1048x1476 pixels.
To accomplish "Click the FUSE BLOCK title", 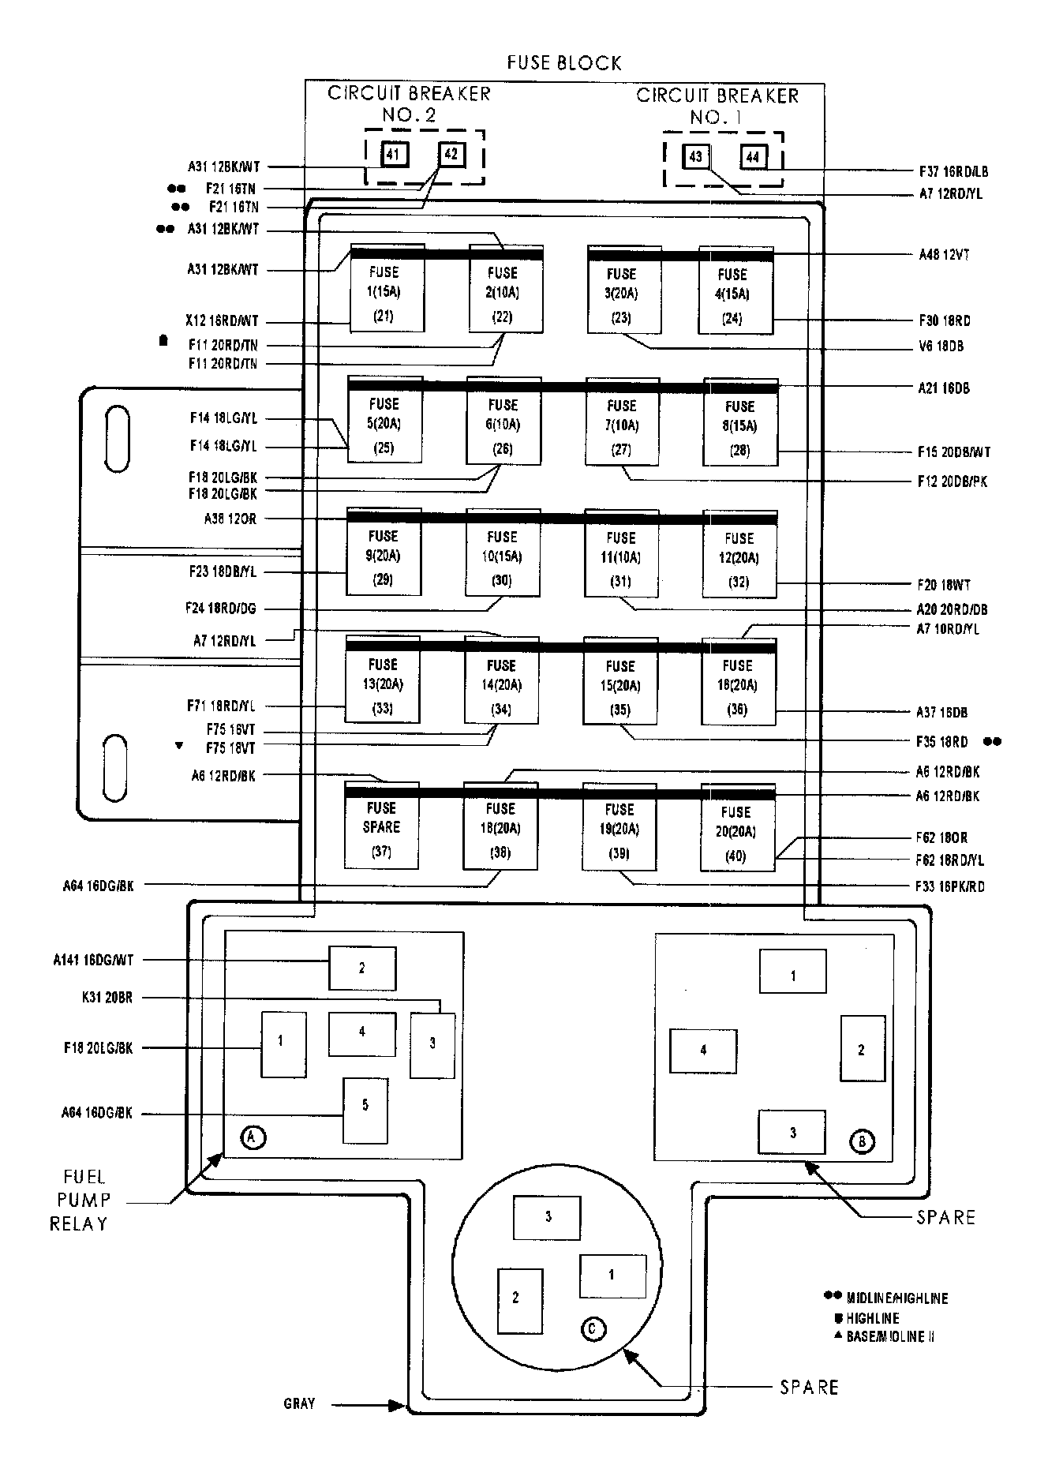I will click(563, 63).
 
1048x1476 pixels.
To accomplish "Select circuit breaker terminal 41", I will click(393, 154).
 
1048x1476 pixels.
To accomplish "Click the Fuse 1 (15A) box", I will click(386, 289).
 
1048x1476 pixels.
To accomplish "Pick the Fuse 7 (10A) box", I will click(622, 422).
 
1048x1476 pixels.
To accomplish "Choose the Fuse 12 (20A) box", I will click(739, 556).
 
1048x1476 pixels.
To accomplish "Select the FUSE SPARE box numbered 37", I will click(381, 826).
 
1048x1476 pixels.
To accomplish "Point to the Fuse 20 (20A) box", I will click(737, 829).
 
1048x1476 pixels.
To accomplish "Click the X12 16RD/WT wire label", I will click(222, 322).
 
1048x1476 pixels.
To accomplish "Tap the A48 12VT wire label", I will click(944, 255).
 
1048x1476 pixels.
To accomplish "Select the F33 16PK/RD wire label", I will click(950, 886).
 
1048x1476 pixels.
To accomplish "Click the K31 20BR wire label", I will click(107, 998).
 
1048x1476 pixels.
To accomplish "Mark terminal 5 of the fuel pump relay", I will click(365, 1111).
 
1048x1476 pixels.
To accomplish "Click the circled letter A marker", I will click(253, 1137).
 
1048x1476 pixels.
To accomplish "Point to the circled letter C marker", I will click(593, 1329).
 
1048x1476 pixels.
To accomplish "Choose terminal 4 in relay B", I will click(703, 1051).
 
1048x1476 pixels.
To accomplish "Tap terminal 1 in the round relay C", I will click(612, 1276).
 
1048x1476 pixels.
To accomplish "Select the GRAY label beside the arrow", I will click(299, 1403).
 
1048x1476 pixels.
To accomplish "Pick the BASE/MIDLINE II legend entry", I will click(890, 1337).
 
